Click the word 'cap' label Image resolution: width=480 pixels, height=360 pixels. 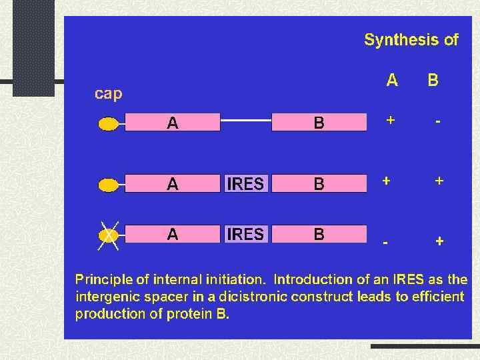[x=108, y=94]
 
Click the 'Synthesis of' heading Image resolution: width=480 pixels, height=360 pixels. [x=411, y=40]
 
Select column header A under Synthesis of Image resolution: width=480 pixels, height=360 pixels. [x=392, y=81]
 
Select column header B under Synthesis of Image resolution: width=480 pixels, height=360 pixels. [x=433, y=81]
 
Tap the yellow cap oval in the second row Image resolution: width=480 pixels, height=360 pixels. [x=108, y=183]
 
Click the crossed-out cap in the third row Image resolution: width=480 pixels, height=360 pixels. [x=108, y=235]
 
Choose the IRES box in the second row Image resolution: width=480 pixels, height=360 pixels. [x=245, y=183]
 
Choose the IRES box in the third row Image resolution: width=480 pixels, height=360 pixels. [x=245, y=235]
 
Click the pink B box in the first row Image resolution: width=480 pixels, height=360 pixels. [x=319, y=122]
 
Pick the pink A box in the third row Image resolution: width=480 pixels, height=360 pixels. [x=172, y=235]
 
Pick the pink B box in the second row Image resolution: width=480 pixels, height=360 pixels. [x=319, y=183]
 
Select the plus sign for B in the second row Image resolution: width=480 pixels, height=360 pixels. [x=439, y=181]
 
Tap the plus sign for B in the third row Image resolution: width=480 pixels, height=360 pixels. [x=439, y=241]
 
